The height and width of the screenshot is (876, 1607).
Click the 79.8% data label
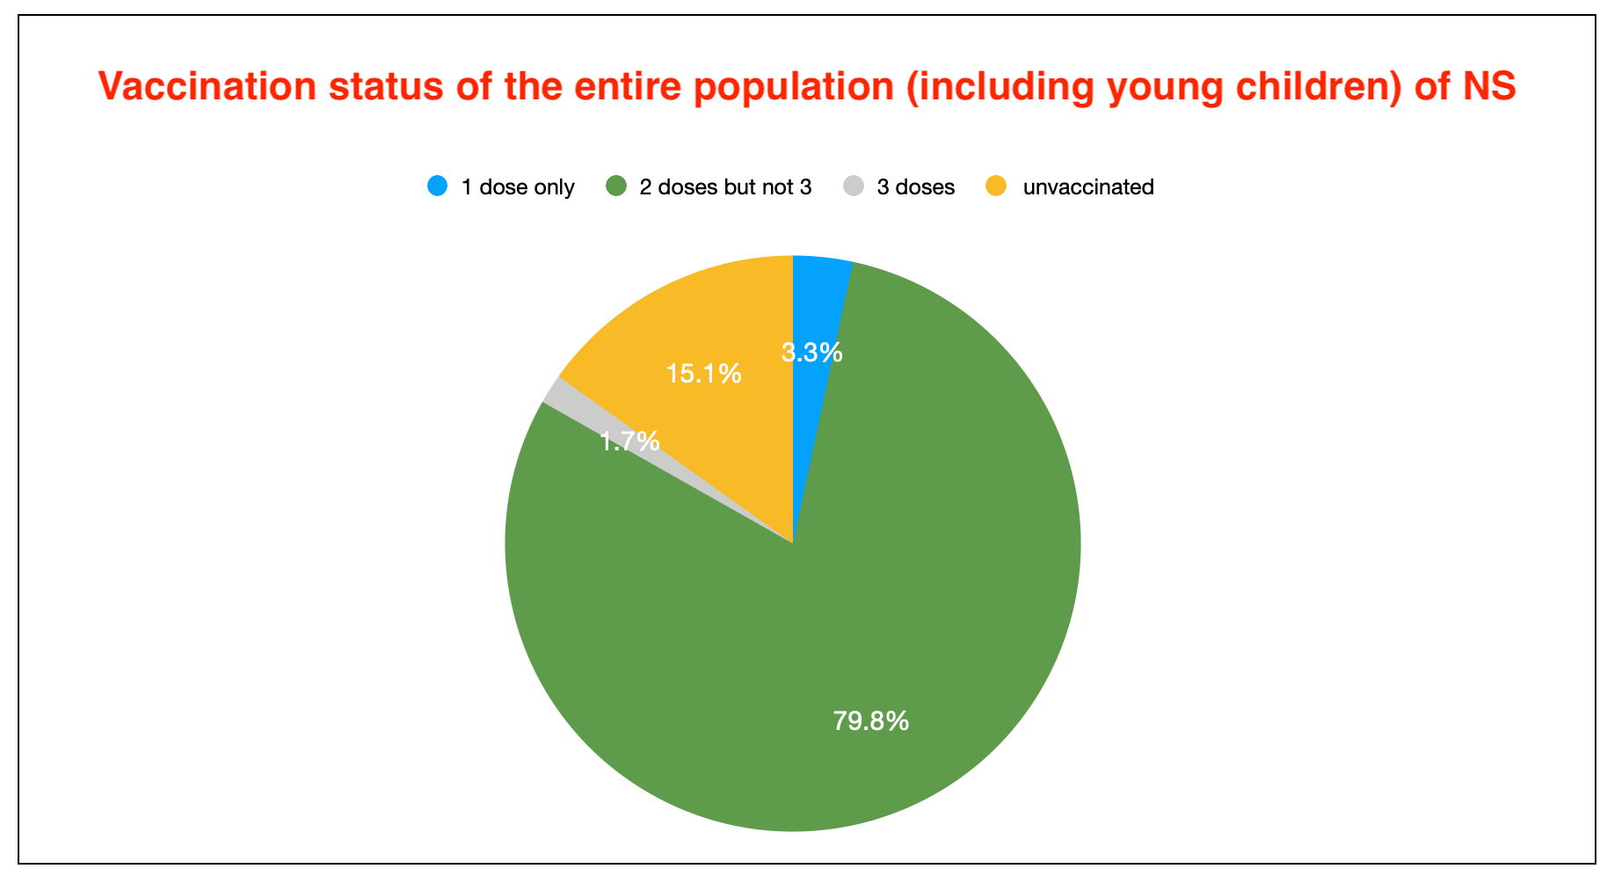(870, 721)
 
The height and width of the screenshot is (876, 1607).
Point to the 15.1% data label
(703, 374)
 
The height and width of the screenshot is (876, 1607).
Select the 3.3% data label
(811, 353)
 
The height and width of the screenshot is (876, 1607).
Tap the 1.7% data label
(629, 441)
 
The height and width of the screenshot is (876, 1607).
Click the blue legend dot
(437, 186)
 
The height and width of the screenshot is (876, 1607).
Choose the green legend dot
(616, 186)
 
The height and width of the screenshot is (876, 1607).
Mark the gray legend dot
(854, 186)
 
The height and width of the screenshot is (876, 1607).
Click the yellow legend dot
(996, 186)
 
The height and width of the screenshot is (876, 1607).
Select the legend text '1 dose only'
(518, 187)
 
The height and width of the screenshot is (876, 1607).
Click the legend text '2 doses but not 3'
(725, 187)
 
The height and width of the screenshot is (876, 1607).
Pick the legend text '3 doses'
(916, 187)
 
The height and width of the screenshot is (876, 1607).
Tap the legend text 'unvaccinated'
(1088, 187)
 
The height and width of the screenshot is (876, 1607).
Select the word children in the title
(1318, 86)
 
